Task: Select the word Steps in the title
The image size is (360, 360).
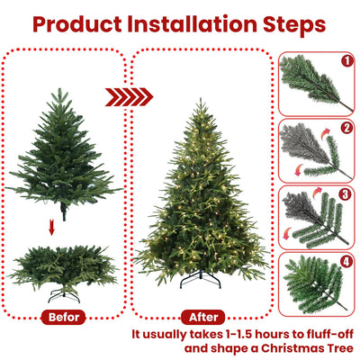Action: (x=292, y=24)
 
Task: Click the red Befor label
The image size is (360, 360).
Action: (x=63, y=317)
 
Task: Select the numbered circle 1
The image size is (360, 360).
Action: (x=347, y=62)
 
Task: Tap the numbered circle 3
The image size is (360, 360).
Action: (x=347, y=192)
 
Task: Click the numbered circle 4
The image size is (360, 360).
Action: (x=347, y=263)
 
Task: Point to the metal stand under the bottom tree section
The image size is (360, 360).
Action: (x=64, y=293)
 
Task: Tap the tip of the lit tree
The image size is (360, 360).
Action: (x=200, y=101)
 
